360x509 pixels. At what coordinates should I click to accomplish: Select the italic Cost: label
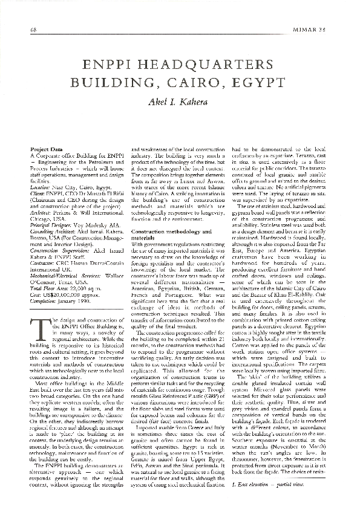coord(34,264)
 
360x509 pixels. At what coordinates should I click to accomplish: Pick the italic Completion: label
coord(42,270)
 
